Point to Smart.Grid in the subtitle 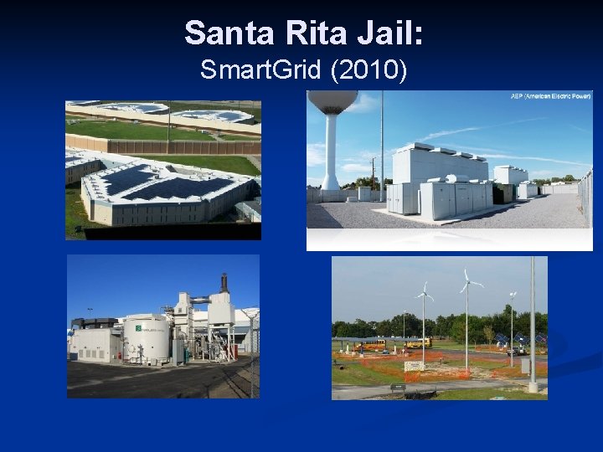pos(262,70)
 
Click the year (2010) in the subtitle pos(369,70)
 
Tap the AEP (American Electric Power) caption pos(550,96)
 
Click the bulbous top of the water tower pos(332,100)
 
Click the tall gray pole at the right pos(532,326)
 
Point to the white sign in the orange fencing pos(413,366)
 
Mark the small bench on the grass pos(398,388)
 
